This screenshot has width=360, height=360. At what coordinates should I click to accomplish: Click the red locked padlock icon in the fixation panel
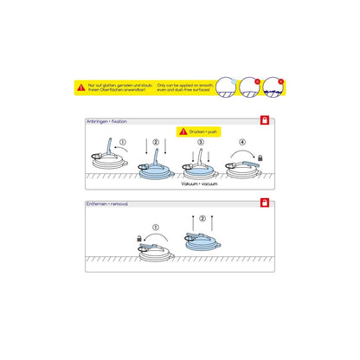[x=265, y=121]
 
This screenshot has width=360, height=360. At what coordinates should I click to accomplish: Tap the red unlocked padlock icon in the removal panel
[x=265, y=203]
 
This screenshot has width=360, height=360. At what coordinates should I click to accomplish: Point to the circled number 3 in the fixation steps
[x=200, y=143]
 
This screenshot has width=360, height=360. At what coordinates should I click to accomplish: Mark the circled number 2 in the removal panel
[x=202, y=219]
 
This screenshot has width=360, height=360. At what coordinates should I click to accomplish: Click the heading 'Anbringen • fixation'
[x=107, y=122]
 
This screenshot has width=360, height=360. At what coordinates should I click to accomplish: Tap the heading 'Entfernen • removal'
[x=108, y=204]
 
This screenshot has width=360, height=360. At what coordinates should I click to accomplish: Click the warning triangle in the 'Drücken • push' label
[x=183, y=132]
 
